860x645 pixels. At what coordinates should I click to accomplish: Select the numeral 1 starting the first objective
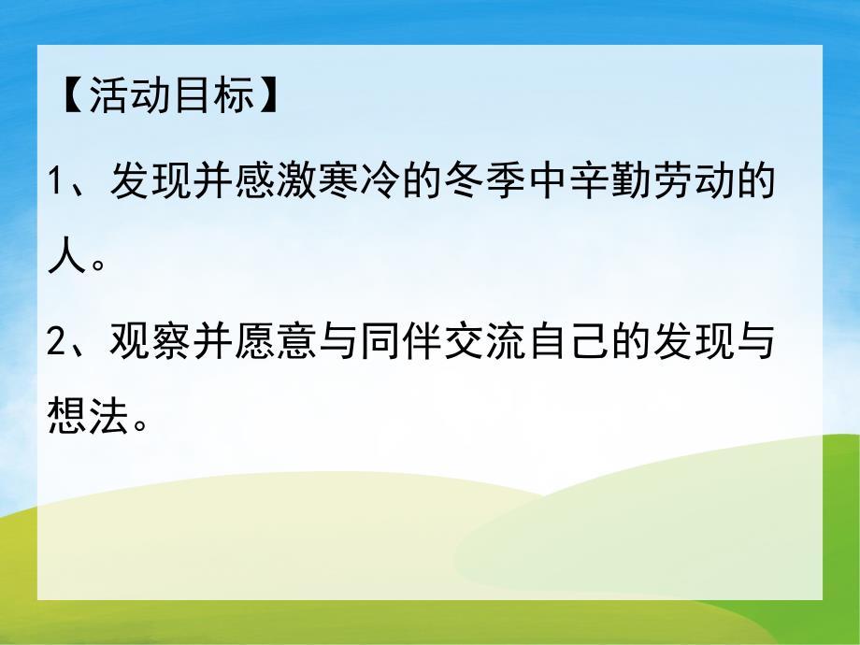[56, 179]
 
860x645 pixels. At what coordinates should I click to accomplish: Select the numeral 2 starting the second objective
[56, 343]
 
